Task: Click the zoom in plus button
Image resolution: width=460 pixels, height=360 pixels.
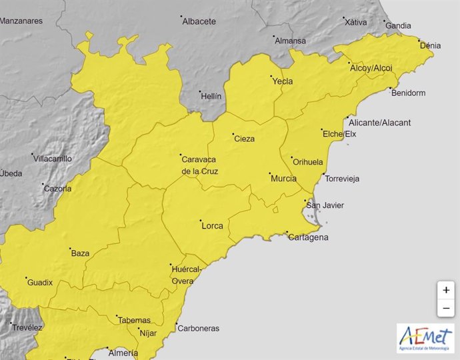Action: [x=445, y=290]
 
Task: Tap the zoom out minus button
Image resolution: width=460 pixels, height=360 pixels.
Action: [x=445, y=308]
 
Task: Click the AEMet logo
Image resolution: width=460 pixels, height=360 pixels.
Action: [x=425, y=338]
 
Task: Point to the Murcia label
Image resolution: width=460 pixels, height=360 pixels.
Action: [x=283, y=178]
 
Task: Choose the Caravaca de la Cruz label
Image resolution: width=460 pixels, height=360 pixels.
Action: [x=200, y=165]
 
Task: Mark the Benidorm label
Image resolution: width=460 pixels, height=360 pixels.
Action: [x=408, y=93]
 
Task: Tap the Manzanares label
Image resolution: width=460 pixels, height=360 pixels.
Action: [x=21, y=21]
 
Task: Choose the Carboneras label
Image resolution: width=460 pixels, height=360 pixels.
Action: [x=199, y=328]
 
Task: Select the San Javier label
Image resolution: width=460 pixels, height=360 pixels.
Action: [x=327, y=205]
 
